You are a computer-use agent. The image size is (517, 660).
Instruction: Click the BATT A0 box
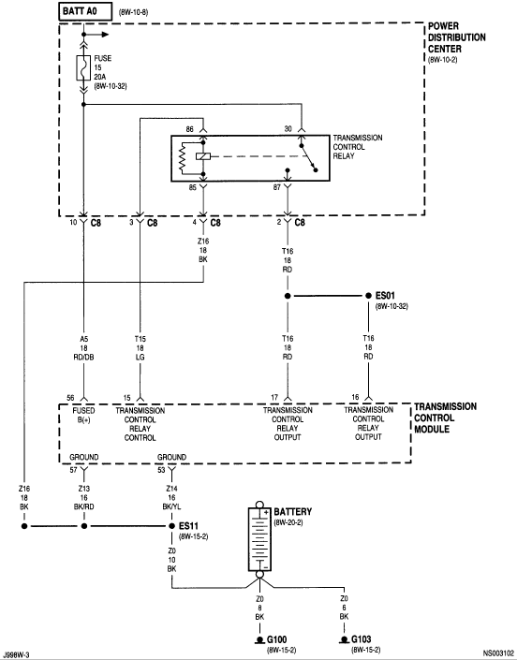85,11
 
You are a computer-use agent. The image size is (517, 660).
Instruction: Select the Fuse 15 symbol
83,67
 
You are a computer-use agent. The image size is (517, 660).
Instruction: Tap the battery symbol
259,539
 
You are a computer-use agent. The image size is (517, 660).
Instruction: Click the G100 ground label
277,639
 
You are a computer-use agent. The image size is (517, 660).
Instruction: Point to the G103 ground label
362,639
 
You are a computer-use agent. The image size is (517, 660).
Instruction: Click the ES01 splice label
385,296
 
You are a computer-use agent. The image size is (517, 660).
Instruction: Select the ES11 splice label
188,526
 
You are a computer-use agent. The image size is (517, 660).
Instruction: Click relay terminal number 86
190,129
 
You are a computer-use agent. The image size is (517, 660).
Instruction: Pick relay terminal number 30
288,129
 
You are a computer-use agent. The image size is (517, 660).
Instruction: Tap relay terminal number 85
192,188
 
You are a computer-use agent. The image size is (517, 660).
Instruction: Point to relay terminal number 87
276,188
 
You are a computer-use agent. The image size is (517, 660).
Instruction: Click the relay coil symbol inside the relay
203,156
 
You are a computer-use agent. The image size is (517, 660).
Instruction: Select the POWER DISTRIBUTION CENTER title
457,37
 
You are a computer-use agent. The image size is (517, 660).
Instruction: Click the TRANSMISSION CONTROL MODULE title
446,418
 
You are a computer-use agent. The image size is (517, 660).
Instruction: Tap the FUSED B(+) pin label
83,415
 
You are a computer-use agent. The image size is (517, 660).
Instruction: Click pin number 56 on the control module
70,398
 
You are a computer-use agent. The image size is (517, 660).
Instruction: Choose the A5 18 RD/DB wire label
83,348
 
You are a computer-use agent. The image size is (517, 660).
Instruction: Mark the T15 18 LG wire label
140,348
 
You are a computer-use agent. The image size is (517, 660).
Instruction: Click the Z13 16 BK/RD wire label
83,498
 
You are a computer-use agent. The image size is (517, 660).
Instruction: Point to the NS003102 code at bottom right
498,653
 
